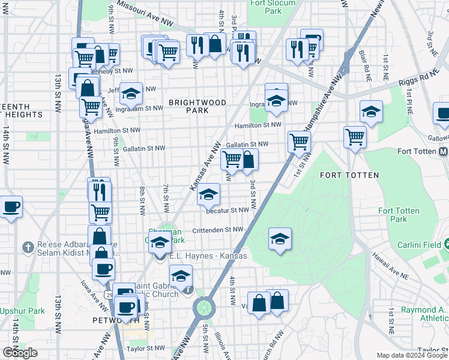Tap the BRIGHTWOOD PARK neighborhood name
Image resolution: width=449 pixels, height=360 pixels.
click(x=197, y=106)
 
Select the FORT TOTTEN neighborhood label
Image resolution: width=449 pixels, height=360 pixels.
click(x=349, y=175)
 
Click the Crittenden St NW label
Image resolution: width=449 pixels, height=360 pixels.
click(x=217, y=230)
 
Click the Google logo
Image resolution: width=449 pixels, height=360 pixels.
click(x=20, y=353)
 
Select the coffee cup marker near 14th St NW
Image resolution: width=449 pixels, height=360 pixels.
click(x=11, y=208)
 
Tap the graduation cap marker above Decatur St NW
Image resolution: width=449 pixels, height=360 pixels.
click(x=209, y=194)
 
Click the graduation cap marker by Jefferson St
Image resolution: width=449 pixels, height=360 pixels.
click(x=131, y=94)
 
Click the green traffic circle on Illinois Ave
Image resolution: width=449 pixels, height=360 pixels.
click(x=204, y=308)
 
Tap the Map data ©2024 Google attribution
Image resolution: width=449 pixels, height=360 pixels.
click(x=411, y=355)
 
